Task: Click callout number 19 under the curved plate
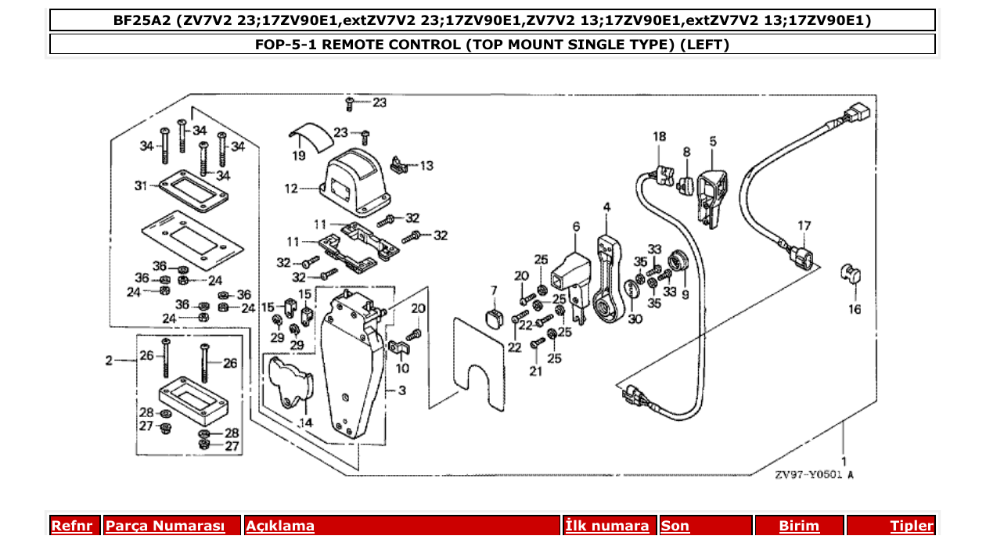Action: coord(299,156)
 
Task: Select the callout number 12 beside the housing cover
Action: coord(290,188)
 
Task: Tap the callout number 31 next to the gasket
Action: coord(141,185)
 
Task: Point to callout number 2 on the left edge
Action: coord(110,361)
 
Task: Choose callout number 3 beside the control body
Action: coord(401,389)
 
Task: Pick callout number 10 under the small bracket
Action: coord(401,368)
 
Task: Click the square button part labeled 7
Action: coord(493,318)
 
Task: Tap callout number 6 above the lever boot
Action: coord(576,226)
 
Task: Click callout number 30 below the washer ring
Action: coord(634,318)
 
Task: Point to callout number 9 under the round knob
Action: coord(685,295)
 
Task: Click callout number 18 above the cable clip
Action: coord(660,136)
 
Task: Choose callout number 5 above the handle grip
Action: coord(713,141)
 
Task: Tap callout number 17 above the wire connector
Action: coord(804,225)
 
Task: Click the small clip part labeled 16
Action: coord(849,273)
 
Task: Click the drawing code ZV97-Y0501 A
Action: coord(814,475)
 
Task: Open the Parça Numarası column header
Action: coord(165,527)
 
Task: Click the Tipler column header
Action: coord(911,527)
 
